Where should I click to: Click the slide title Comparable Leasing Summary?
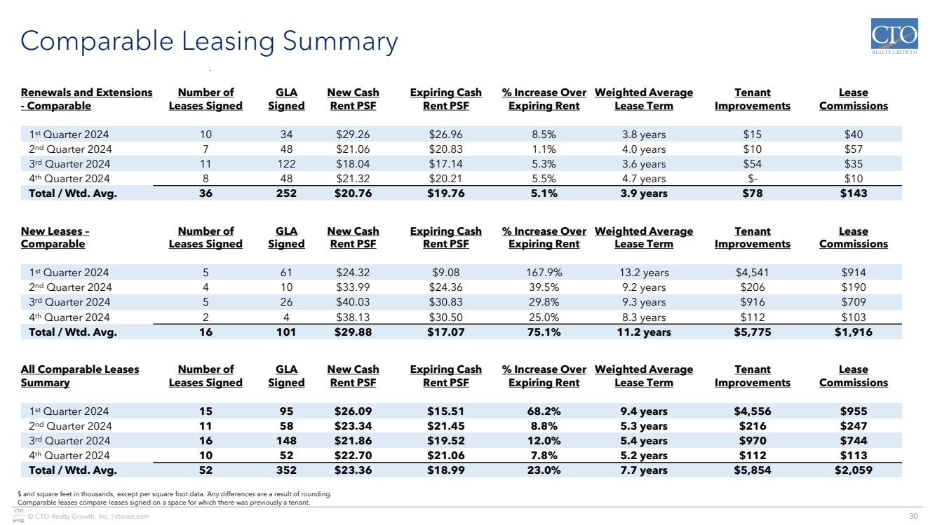tap(209, 41)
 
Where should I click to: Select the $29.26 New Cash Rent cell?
tap(353, 135)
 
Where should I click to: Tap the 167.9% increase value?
tap(544, 273)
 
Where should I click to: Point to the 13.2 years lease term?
tap(643, 273)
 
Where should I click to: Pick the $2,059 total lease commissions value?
tap(853, 470)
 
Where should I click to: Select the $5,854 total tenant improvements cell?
tap(752, 470)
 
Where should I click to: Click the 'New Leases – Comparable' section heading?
tap(55, 238)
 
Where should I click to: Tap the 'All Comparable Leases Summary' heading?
tap(80, 376)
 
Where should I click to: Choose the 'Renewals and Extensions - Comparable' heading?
tap(86, 100)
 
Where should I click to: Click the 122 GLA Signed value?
tap(286, 164)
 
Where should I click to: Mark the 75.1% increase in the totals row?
tap(544, 332)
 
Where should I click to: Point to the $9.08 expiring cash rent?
tap(445, 273)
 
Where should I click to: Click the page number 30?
tap(913, 517)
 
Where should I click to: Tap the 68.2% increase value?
tap(544, 411)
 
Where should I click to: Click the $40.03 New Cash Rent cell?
tap(353, 302)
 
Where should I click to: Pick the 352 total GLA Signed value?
tap(286, 470)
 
